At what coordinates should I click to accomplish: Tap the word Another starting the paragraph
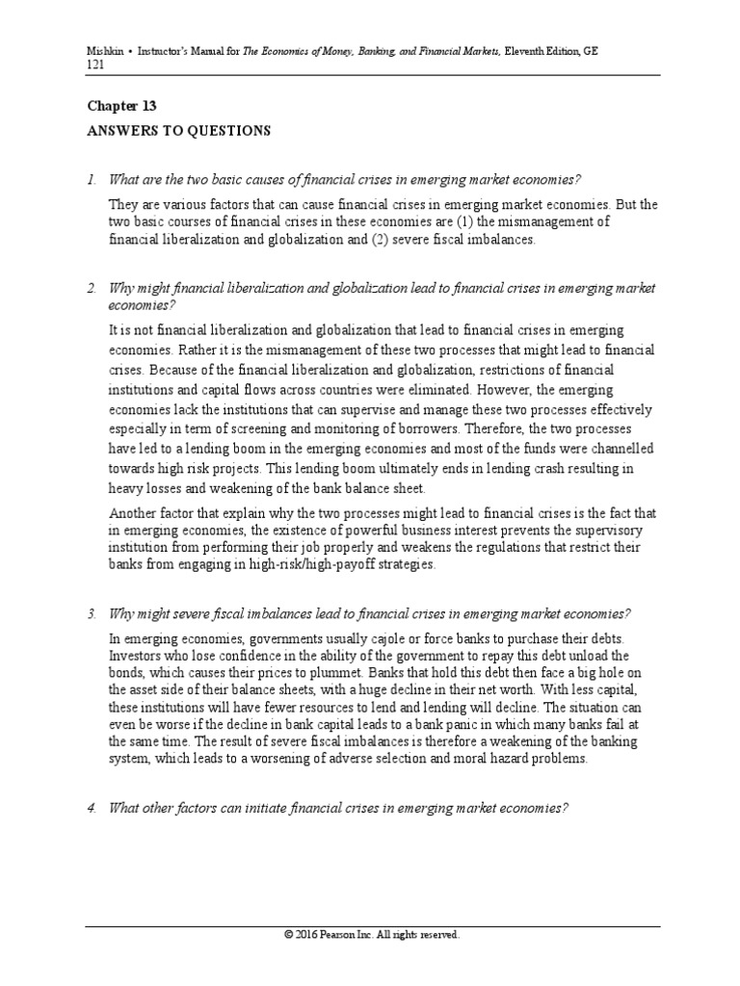click(136, 513)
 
